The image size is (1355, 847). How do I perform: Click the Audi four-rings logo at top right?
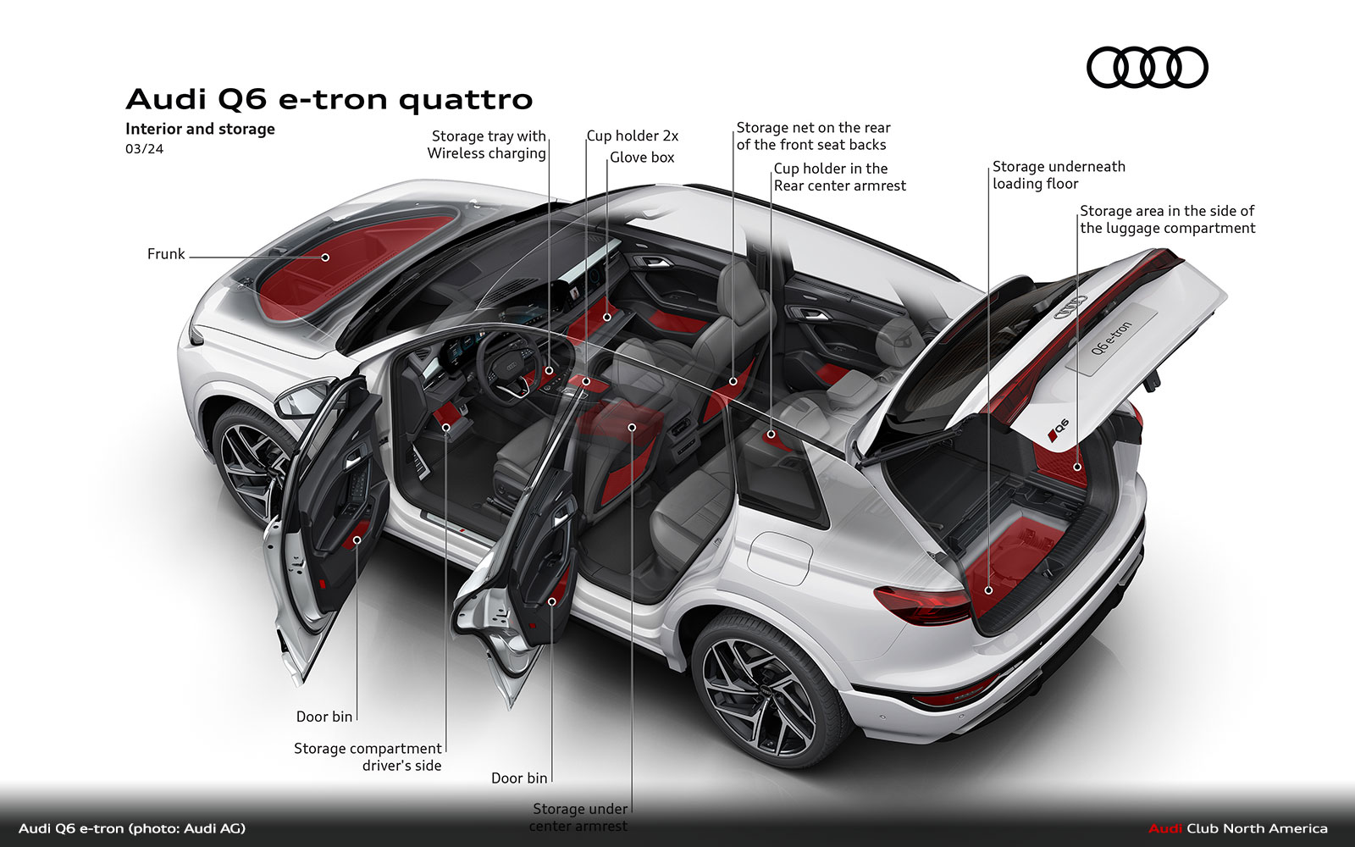click(x=1147, y=68)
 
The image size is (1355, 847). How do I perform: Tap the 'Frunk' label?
click(x=165, y=254)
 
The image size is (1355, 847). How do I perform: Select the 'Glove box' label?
click(x=642, y=158)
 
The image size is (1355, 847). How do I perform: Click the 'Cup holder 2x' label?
click(x=633, y=136)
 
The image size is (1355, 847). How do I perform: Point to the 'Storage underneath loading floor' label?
click(x=1058, y=175)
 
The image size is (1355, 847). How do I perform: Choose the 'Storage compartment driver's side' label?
click(x=368, y=757)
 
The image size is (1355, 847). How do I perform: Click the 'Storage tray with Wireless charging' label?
click(x=487, y=145)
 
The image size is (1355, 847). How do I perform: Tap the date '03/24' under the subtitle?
click(x=144, y=149)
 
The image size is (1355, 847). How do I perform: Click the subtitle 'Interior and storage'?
click(x=200, y=129)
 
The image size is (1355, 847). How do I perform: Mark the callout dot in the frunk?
click(x=325, y=257)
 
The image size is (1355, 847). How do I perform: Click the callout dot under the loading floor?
click(x=988, y=590)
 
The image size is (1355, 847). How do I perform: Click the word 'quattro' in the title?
click(x=465, y=100)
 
